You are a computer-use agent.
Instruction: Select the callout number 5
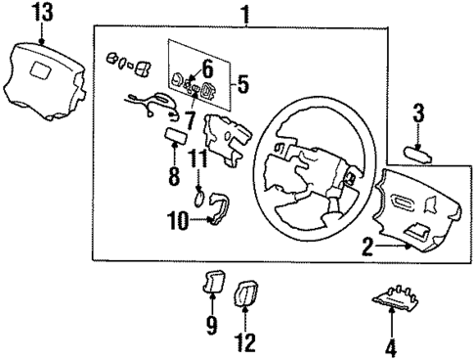tap(241, 84)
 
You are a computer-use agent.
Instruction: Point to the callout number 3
tap(417, 113)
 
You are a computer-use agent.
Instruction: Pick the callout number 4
tap(391, 345)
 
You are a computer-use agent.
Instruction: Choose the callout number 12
tap(245, 343)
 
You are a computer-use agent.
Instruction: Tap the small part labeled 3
tap(417, 151)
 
